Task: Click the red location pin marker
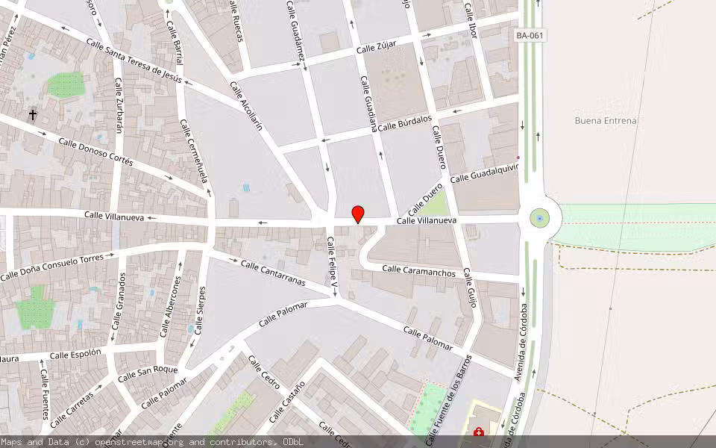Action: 358,214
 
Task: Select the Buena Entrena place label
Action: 606,120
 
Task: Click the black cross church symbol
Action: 33,115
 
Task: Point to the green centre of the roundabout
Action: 539,218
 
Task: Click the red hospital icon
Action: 478,432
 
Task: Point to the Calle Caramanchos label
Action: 418,271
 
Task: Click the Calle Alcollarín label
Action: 247,106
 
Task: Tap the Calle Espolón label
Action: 75,354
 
